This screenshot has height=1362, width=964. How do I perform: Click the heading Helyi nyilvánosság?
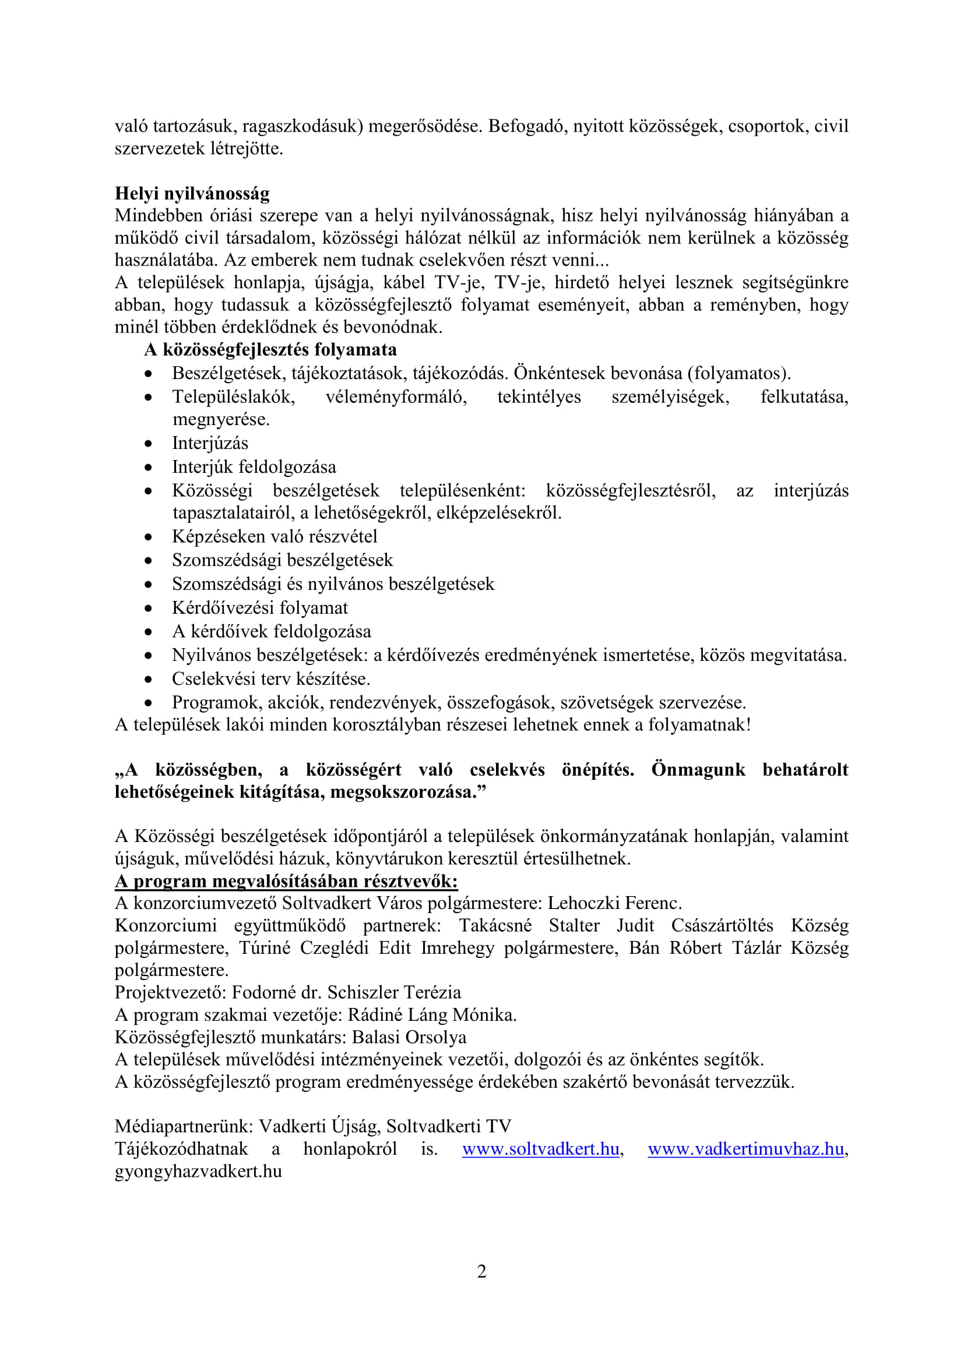coord(192,193)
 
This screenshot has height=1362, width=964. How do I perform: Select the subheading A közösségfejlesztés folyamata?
coord(270,350)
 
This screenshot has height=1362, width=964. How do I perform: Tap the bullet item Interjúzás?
coord(210,443)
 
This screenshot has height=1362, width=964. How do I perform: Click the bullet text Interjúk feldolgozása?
coord(254,467)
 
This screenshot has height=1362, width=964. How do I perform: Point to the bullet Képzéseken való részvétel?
coord(275,536)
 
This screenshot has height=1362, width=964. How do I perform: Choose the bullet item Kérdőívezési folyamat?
coord(260,607)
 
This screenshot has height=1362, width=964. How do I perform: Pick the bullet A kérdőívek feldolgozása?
coord(271,631)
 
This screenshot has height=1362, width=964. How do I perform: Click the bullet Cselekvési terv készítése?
coord(270,678)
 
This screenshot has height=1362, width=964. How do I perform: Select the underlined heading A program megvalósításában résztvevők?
coord(286,882)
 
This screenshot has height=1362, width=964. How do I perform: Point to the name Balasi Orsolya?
coord(409,1037)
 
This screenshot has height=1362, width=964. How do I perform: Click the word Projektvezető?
coord(168,992)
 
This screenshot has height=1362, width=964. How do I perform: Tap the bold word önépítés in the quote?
coord(597,770)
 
